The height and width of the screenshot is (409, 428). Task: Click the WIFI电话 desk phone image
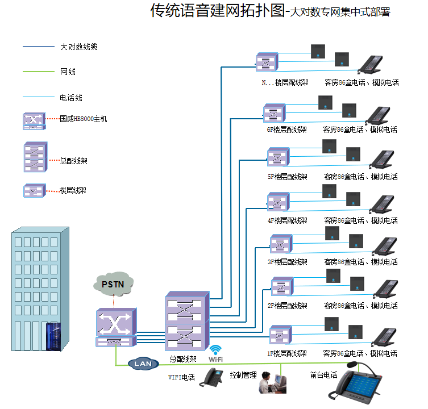tap(213, 378)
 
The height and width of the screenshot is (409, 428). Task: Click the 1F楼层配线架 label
tap(287, 353)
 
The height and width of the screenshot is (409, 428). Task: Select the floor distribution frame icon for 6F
tap(273, 112)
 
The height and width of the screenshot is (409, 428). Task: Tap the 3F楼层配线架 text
tap(287, 262)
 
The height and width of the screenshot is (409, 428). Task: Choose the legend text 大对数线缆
tap(78, 47)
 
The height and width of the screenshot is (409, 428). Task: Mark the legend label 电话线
tap(71, 98)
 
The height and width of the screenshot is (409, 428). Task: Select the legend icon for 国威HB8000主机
tap(33, 120)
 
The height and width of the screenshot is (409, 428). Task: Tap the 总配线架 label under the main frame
tap(183, 360)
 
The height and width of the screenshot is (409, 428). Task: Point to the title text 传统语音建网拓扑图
tap(217, 11)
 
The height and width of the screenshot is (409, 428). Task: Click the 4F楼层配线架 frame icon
tap(277, 202)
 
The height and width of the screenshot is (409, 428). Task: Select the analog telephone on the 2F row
tap(384, 289)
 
